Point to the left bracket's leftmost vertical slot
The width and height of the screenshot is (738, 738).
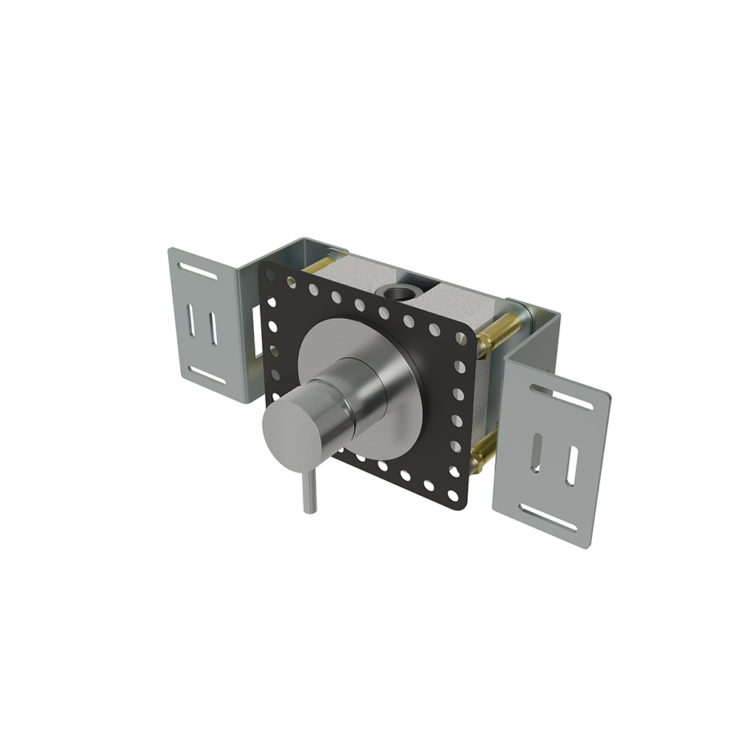click(191, 322)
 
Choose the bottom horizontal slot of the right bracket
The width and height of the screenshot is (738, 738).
click(548, 517)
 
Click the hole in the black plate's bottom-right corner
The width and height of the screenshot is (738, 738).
click(453, 496)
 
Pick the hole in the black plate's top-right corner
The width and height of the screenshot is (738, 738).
click(461, 338)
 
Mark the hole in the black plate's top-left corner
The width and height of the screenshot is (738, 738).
click(269, 275)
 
